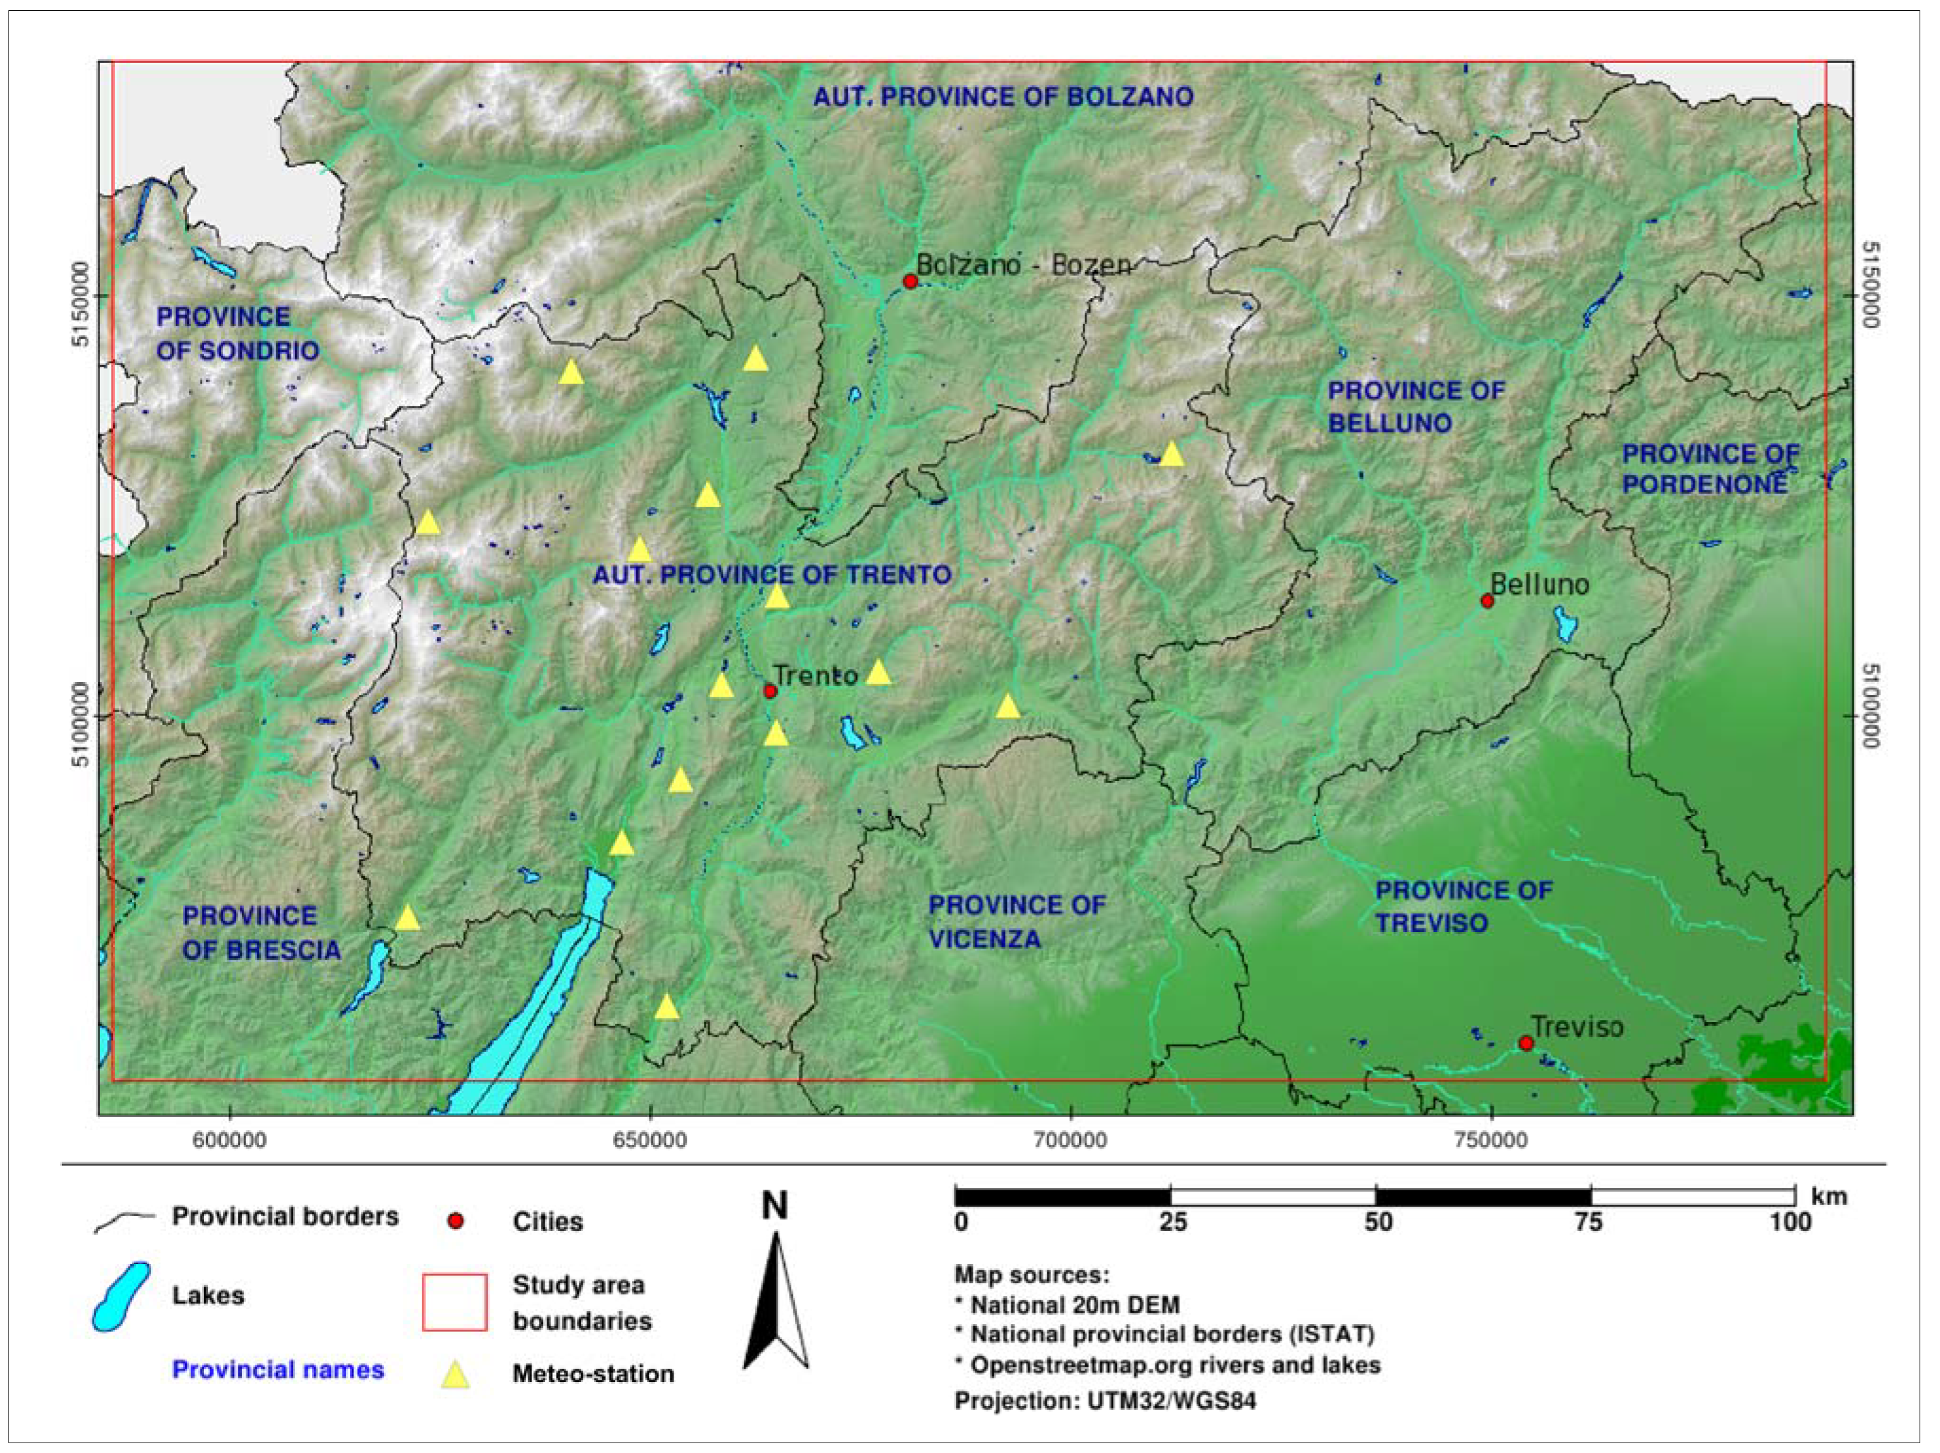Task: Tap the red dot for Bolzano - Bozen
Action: pyautogui.click(x=911, y=281)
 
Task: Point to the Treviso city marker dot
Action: pyautogui.click(x=1526, y=1043)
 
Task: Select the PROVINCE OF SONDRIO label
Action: pyautogui.click(x=237, y=334)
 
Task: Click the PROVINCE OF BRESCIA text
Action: pyautogui.click(x=260, y=933)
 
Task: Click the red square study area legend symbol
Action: pyautogui.click(x=454, y=1302)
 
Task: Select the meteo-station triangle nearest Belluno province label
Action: pyautogui.click(x=1171, y=455)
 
